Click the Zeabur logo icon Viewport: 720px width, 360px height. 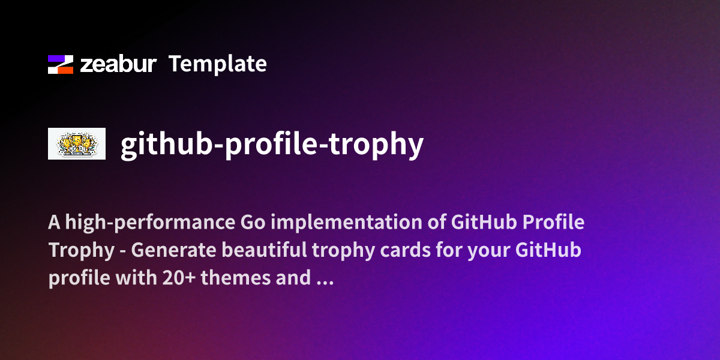61,64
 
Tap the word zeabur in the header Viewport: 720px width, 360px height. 119,64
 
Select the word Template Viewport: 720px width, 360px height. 217,64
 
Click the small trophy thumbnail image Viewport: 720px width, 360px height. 77,144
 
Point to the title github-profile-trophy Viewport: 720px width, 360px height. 272,144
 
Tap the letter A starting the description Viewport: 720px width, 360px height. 53,223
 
